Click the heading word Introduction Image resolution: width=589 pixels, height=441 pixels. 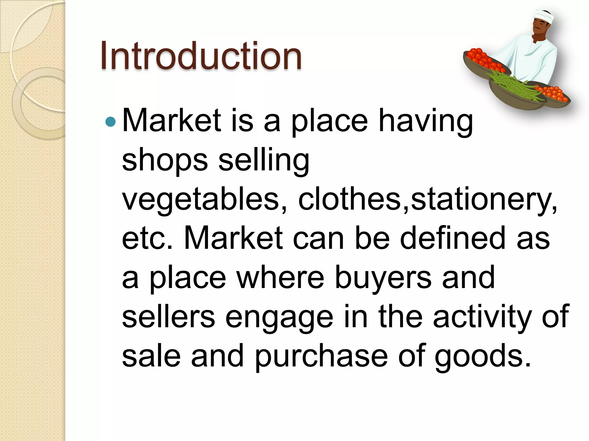(x=201, y=56)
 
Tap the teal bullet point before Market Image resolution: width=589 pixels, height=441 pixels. (x=110, y=122)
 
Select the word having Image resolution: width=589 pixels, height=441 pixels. (x=425, y=122)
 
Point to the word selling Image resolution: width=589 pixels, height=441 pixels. (x=264, y=161)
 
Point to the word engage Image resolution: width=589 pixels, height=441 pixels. (x=279, y=318)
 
